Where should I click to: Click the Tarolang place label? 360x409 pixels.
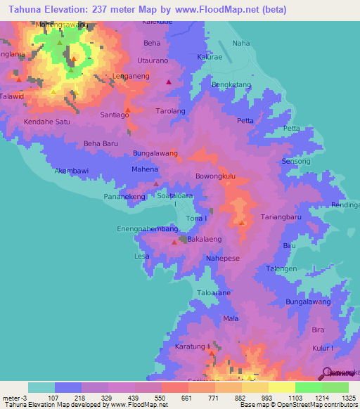170,111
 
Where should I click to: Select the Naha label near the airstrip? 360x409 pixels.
241,44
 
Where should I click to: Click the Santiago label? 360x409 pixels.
115,114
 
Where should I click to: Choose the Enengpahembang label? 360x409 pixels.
147,229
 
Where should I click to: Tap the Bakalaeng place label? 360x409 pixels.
205,240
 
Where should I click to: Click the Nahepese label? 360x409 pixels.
224,259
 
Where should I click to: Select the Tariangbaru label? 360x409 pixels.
281,217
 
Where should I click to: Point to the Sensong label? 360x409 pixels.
295,162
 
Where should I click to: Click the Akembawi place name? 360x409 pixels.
72,171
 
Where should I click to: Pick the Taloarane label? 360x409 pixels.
214,292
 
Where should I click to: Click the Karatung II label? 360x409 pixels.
193,347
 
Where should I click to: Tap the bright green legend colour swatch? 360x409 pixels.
308,387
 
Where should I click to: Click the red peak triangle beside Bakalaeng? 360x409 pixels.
174,242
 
